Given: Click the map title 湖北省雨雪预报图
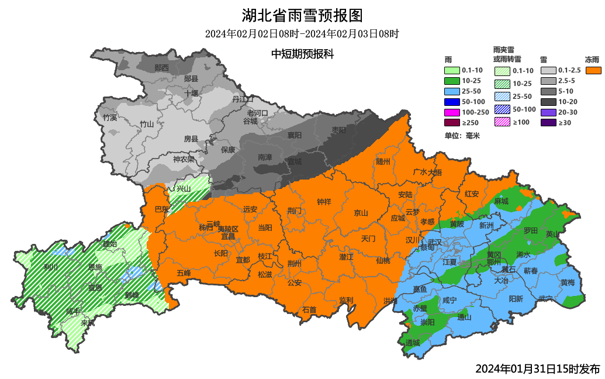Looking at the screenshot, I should (302, 15).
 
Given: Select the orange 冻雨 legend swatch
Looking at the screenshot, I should (593, 70).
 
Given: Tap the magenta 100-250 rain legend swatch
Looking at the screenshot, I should (452, 111).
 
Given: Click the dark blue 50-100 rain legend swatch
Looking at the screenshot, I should (452, 101).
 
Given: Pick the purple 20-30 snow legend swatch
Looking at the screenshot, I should (548, 112).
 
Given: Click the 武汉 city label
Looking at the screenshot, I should (435, 242).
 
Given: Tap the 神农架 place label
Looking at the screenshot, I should (183, 160).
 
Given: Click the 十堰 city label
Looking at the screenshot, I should (192, 93).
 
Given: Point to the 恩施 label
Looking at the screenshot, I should (95, 267).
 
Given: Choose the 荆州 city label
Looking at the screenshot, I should (294, 263).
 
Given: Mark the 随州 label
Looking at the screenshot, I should (383, 162).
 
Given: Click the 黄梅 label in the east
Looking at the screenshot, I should (567, 282).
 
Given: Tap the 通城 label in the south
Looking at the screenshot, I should (413, 342).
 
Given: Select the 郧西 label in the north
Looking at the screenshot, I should (161, 68).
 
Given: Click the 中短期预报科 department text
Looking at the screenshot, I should (302, 54).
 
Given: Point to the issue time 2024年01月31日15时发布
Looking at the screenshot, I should (537, 368).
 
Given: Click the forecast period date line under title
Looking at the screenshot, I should (302, 34).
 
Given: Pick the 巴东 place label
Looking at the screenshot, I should (161, 209).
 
